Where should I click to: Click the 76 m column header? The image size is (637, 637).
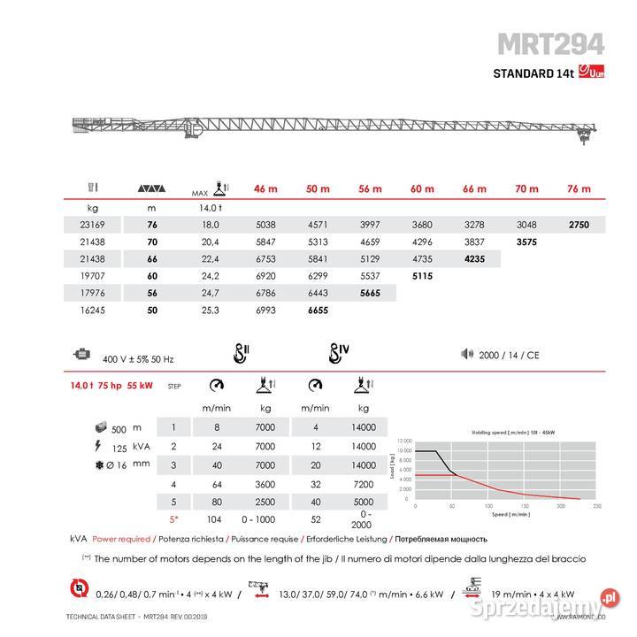click(579, 189)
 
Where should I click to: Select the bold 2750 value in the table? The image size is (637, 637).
click(579, 225)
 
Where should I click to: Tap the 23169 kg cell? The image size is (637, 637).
click(92, 225)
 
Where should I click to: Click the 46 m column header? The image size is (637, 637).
click(265, 189)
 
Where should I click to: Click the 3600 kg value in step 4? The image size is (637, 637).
click(265, 484)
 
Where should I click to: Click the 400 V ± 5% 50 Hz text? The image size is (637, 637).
click(138, 359)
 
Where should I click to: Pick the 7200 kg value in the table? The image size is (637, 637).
click(364, 484)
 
